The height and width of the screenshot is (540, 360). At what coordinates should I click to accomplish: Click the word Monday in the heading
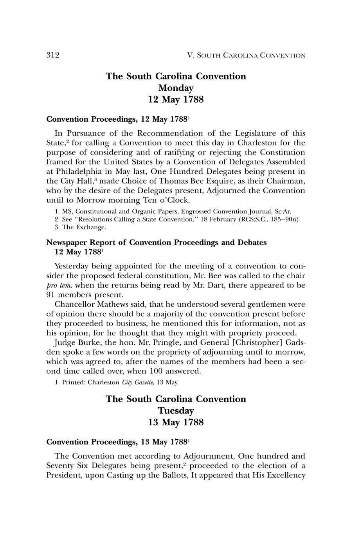pos(176,88)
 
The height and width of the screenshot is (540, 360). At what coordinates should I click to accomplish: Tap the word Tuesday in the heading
pos(176,411)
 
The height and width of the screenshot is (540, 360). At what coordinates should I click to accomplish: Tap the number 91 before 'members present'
pos(51,295)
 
